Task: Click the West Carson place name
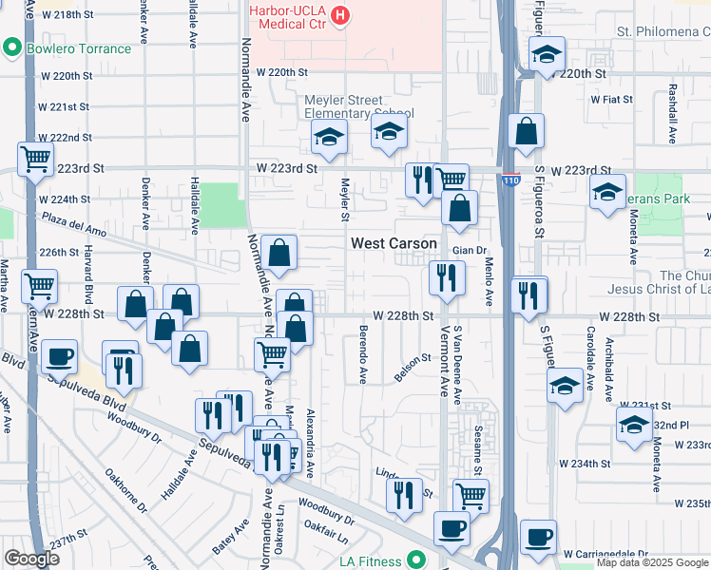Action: pos(394,243)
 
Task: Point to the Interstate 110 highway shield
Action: pos(511,179)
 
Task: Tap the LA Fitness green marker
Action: pos(414,560)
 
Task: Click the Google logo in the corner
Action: pos(32,559)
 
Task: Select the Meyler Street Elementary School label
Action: pos(357,106)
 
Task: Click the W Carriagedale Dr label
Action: pos(605,554)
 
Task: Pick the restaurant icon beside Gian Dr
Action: pos(447,277)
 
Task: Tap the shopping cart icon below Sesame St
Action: pos(471,495)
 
